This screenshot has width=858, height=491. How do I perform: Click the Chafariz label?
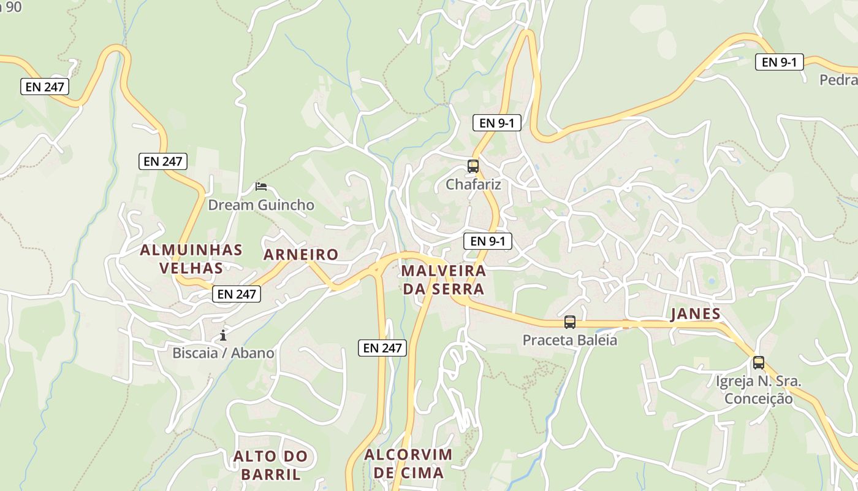473,184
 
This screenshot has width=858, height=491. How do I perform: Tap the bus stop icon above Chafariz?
473,166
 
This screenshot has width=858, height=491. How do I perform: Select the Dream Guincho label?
261,205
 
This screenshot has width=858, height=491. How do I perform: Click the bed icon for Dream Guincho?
261,187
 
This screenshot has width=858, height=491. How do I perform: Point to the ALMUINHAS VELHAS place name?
191,259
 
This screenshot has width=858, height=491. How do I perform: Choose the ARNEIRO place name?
301,255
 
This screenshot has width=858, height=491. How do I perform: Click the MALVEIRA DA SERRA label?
444,280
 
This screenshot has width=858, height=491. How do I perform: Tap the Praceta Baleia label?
569,339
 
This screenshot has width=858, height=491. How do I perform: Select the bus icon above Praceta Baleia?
570,322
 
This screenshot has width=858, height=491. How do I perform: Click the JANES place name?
696,314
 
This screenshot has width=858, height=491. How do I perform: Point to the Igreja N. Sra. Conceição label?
758,390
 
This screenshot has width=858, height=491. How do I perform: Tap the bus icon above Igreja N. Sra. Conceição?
759,362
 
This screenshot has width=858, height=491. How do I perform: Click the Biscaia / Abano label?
223,353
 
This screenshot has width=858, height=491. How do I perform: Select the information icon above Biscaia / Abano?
223,335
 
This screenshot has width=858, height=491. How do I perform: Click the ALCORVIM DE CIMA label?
408,463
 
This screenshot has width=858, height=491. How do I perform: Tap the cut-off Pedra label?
839,80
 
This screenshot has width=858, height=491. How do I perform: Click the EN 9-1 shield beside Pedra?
779,62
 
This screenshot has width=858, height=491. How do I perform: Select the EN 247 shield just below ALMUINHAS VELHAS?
237,294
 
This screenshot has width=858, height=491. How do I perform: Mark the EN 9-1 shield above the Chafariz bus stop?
496,123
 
